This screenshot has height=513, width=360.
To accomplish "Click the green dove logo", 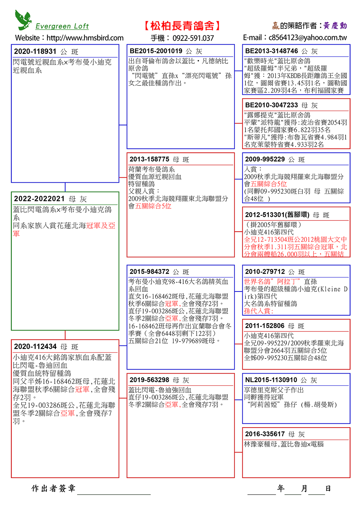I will [x=23, y=20].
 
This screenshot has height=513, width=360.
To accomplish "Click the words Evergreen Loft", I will [x=62, y=26].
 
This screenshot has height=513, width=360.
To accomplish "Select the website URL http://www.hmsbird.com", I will [x=85, y=38].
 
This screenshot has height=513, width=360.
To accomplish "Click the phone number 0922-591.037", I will [x=193, y=38].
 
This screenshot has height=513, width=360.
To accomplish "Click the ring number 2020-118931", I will [x=35, y=52].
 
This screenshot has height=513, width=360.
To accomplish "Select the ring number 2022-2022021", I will [x=39, y=199].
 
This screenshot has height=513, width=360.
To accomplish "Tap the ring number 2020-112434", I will [x=35, y=347].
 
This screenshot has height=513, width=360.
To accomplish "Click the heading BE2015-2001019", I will [x=156, y=51].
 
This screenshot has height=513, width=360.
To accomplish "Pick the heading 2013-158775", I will [x=149, y=159].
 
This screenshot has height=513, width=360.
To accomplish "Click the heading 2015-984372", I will [x=149, y=272].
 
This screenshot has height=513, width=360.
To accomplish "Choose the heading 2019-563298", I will [x=149, y=380].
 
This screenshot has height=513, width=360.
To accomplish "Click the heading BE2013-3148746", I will [x=271, y=51].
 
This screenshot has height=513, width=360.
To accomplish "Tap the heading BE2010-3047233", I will [x=271, y=105].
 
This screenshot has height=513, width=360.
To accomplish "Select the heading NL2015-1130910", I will [x=271, y=380].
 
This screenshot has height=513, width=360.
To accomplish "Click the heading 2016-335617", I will [x=265, y=434].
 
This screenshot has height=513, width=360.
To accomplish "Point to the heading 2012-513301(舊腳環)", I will [x=277, y=215].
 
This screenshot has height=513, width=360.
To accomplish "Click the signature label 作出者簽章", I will [x=53, y=489].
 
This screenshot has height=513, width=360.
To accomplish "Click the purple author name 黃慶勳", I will [x=335, y=26].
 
